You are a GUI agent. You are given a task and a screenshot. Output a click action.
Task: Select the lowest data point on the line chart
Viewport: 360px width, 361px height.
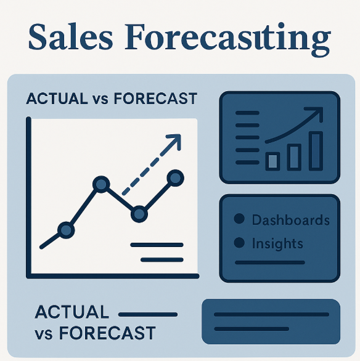[65, 230]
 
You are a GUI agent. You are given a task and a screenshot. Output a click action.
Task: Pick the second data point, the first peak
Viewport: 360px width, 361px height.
[100, 184]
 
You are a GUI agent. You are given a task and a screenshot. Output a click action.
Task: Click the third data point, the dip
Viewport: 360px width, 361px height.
[140, 214]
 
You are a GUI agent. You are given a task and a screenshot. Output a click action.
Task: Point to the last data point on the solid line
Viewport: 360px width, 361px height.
[176, 179]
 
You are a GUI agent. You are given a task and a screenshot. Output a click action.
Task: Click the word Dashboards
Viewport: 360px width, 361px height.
[290, 220]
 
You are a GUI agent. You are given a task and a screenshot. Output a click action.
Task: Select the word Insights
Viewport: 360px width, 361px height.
[277, 243]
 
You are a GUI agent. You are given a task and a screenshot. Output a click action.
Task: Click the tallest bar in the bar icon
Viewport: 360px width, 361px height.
[316, 150]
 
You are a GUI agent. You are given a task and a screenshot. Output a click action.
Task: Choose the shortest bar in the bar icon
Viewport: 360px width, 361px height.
[272, 161]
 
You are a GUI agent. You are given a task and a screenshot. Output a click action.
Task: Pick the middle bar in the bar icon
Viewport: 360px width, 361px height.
[294, 156]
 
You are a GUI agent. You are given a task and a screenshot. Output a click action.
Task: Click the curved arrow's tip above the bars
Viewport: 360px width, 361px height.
[320, 112]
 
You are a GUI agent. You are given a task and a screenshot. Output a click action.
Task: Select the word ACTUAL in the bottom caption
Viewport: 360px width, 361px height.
[72, 312]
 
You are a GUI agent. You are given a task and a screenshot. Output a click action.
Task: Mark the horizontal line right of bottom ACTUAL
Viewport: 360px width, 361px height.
[147, 314]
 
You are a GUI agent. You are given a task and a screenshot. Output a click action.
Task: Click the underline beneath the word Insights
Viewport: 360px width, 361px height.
[270, 262]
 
